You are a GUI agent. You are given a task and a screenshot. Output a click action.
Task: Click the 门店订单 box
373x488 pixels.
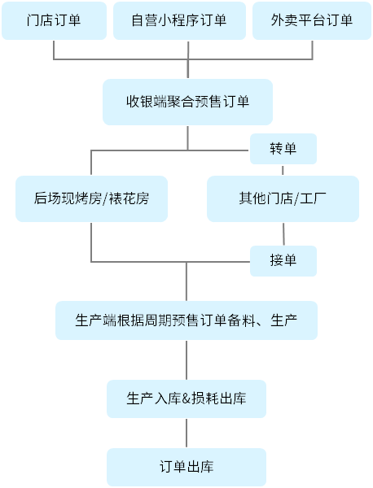point(54,20)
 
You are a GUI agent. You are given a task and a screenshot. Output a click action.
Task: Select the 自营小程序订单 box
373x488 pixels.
point(179,20)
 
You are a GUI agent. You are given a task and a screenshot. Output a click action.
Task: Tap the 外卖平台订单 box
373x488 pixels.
point(312,20)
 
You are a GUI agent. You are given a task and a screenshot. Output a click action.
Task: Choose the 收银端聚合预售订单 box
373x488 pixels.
point(187,102)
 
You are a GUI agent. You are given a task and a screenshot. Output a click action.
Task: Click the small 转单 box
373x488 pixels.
point(283,149)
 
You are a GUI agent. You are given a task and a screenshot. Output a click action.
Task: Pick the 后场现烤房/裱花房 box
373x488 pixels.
point(91,198)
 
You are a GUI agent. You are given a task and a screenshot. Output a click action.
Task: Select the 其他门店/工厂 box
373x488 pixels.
point(283,198)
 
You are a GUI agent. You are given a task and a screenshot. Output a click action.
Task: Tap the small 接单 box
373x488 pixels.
point(283,261)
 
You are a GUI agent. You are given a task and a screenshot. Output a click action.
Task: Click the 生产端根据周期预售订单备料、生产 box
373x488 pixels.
point(186,320)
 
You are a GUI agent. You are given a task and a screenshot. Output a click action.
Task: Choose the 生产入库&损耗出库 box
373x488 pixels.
point(186,399)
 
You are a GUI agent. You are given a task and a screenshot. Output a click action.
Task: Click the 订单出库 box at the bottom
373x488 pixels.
point(186,467)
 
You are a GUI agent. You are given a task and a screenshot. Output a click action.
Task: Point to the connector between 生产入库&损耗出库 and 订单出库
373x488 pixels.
point(186,433)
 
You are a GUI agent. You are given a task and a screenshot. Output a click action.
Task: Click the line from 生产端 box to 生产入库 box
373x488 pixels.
point(186,359)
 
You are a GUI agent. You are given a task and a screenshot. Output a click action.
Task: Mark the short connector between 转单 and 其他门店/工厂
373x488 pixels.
point(283,170)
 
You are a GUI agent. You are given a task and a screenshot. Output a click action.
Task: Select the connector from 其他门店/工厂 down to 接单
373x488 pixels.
point(283,234)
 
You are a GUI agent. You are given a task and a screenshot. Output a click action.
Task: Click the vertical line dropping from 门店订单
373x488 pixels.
point(54,50)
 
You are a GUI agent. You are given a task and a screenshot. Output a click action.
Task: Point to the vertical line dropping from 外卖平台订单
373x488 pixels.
point(312,50)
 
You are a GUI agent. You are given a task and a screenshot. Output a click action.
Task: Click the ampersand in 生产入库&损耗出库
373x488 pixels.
point(186,399)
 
